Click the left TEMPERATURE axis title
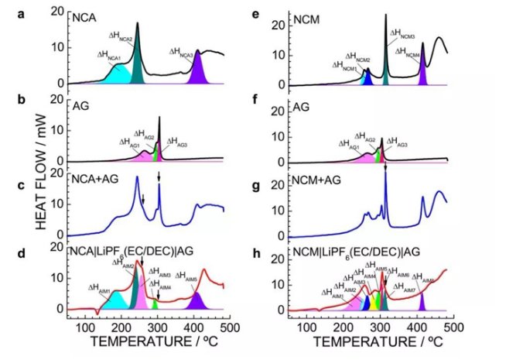(x=145, y=341)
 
